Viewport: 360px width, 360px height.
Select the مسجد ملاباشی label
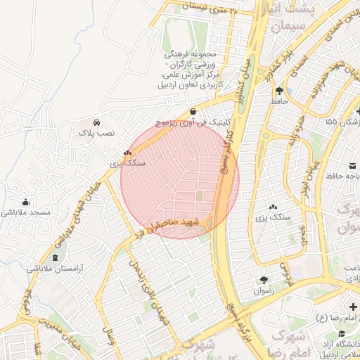click(x=25, y=212)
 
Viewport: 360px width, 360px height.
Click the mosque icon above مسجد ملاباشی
click(x=26, y=202)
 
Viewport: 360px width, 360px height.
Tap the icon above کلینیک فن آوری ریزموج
click(x=193, y=111)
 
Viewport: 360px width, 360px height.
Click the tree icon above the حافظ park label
click(x=280, y=91)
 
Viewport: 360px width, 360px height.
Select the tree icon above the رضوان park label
click(x=263, y=280)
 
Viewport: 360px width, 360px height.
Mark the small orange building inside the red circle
click(x=198, y=196)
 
